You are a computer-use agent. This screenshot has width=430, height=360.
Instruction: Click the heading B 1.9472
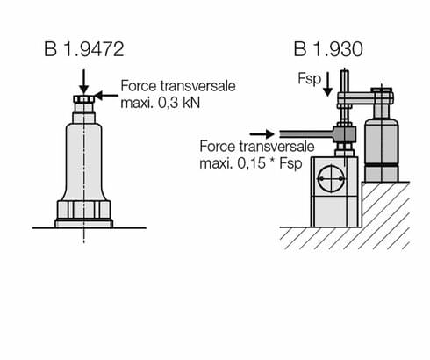[84, 49]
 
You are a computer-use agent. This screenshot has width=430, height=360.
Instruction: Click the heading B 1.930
[328, 49]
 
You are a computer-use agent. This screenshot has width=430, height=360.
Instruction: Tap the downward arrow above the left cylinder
[84, 82]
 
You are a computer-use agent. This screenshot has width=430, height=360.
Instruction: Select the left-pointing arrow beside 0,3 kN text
[107, 95]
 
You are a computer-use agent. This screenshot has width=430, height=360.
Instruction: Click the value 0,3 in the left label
[168, 103]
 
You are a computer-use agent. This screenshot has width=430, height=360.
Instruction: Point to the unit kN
[190, 103]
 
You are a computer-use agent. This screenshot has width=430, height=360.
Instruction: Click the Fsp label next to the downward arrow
[309, 79]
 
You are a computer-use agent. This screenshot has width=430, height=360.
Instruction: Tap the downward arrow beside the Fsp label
[327, 84]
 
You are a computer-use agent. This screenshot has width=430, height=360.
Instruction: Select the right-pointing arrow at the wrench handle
[262, 134]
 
